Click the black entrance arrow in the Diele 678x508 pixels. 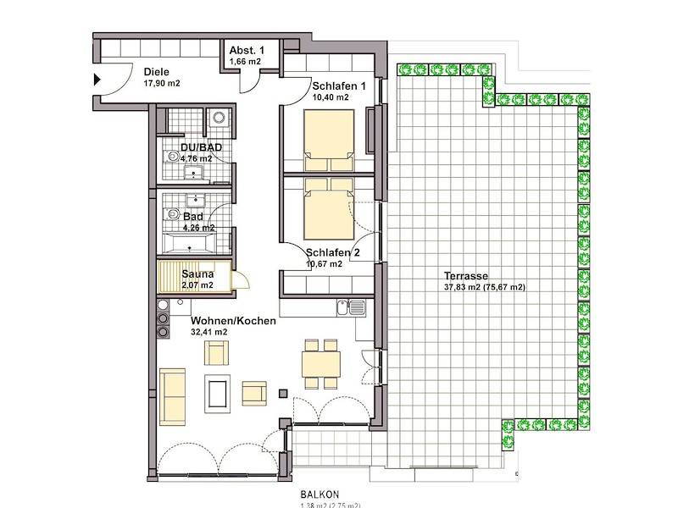(x=97, y=80)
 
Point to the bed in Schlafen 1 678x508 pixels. (x=329, y=135)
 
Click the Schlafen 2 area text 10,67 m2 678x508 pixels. (x=325, y=264)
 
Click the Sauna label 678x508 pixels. (x=197, y=273)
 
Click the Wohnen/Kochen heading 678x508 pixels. (x=233, y=321)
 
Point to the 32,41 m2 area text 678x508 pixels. (x=209, y=333)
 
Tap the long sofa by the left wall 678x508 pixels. (x=173, y=394)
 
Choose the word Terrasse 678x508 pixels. (x=465, y=275)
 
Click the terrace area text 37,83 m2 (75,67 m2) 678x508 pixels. (x=485, y=287)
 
